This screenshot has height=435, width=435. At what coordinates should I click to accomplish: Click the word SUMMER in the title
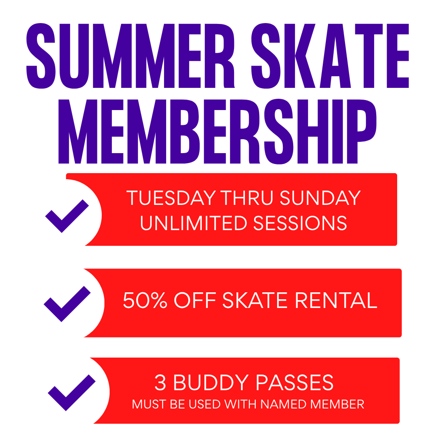pyautogui.click(x=130, y=56)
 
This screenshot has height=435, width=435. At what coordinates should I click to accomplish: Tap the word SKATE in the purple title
pyautogui.click(x=330, y=56)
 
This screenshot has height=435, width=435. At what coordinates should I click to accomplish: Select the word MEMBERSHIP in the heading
pyautogui.click(x=217, y=131)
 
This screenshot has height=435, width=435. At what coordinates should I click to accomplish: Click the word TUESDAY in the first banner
pyautogui.click(x=171, y=198)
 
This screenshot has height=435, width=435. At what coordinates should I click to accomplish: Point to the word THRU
pyautogui.click(x=247, y=198)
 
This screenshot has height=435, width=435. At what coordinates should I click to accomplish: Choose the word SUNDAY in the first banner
pyautogui.click(x=320, y=198)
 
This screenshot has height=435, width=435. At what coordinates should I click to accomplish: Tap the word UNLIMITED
pyautogui.click(x=194, y=223)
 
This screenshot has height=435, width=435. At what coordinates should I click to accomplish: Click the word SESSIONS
pyautogui.click(x=300, y=223)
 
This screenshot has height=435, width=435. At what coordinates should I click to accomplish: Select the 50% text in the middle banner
pyautogui.click(x=145, y=300)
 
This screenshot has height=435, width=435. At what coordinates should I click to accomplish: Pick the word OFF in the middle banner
pyautogui.click(x=195, y=300)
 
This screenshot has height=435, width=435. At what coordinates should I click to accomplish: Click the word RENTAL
pyautogui.click(x=336, y=300)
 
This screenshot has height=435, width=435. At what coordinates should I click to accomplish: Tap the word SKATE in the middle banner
pyautogui.click(x=255, y=300)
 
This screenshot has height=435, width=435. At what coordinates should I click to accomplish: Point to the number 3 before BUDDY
pyautogui.click(x=161, y=382)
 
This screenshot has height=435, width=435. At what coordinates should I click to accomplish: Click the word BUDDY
pyautogui.click(x=211, y=382)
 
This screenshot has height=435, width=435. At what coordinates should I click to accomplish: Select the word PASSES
pyautogui.click(x=294, y=382)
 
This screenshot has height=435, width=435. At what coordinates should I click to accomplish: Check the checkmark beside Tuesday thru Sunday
pyautogui.click(x=67, y=216)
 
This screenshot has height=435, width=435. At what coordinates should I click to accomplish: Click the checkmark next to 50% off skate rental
pyautogui.click(x=67, y=304)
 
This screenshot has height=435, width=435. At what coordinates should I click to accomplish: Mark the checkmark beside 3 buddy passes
pyautogui.click(x=72, y=392)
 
